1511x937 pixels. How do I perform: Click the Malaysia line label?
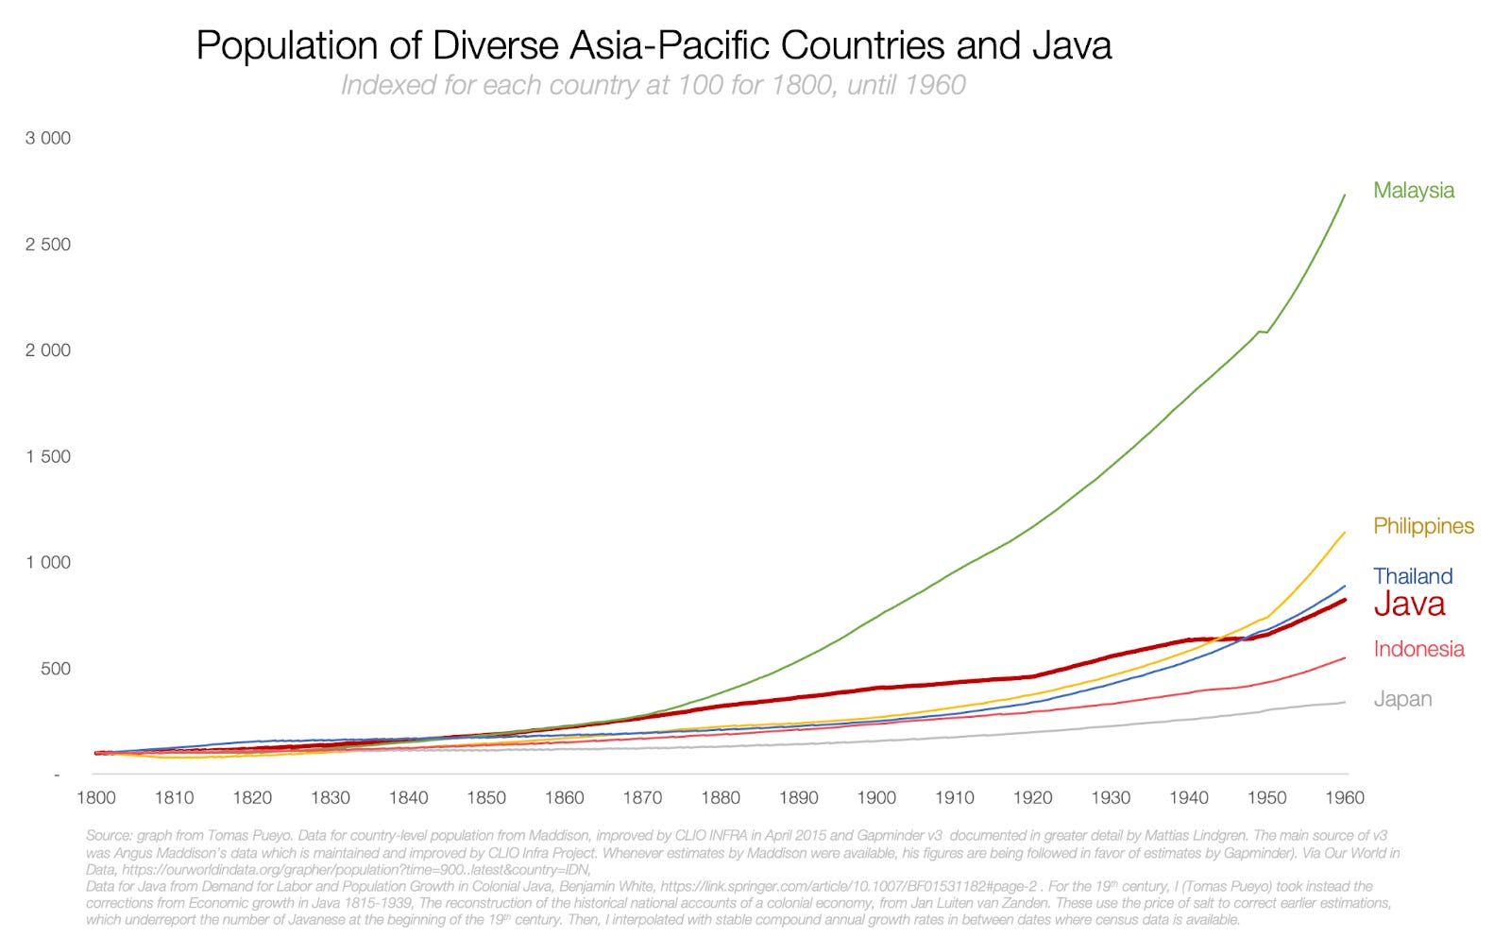click(1413, 191)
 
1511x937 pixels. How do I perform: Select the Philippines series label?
click(1422, 526)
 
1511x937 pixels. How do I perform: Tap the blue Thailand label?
click(1412, 576)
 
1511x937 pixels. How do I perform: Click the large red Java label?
click(1408, 605)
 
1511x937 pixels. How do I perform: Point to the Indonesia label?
click(1418, 649)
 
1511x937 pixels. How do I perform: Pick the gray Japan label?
click(1401, 699)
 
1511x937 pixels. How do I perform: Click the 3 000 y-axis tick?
click(48, 138)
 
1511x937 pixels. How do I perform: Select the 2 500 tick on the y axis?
click(48, 245)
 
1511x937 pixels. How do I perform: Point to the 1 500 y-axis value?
click(48, 456)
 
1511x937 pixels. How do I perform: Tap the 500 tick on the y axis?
click(54, 669)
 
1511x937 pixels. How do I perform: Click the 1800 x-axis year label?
click(95, 797)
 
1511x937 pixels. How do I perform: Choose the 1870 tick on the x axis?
click(642, 797)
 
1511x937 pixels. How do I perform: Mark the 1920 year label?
click(1032, 797)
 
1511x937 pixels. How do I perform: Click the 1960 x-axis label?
click(1344, 797)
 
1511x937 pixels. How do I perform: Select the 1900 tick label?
click(876, 797)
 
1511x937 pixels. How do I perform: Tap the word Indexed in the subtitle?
click(382, 85)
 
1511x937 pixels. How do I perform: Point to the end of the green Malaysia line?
click(1345, 196)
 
